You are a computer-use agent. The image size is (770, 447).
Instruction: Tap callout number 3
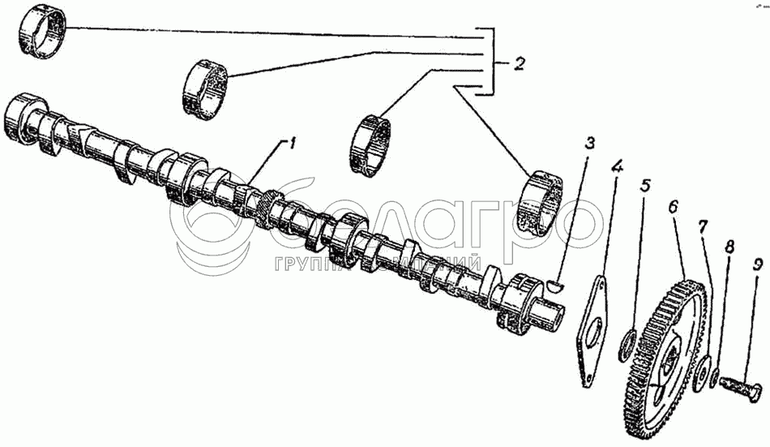[589, 144]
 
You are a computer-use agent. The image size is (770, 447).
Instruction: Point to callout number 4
[617, 169]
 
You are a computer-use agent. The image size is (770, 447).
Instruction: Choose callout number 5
[644, 186]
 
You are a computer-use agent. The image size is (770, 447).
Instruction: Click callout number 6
[672, 208]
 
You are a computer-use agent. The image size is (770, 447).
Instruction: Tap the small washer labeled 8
[712, 377]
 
